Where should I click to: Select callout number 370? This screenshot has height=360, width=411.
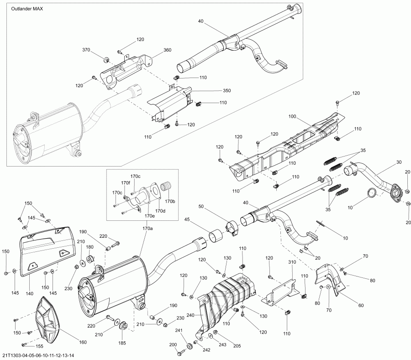(x=86, y=50)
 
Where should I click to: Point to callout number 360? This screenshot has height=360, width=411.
(x=167, y=50)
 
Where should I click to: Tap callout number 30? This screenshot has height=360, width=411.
(x=399, y=162)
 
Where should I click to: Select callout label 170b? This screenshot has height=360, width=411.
(x=170, y=201)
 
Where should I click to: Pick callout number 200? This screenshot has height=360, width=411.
(x=173, y=344)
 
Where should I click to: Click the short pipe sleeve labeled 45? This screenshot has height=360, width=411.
(x=216, y=237)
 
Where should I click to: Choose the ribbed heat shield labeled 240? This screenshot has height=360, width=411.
(x=224, y=297)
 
